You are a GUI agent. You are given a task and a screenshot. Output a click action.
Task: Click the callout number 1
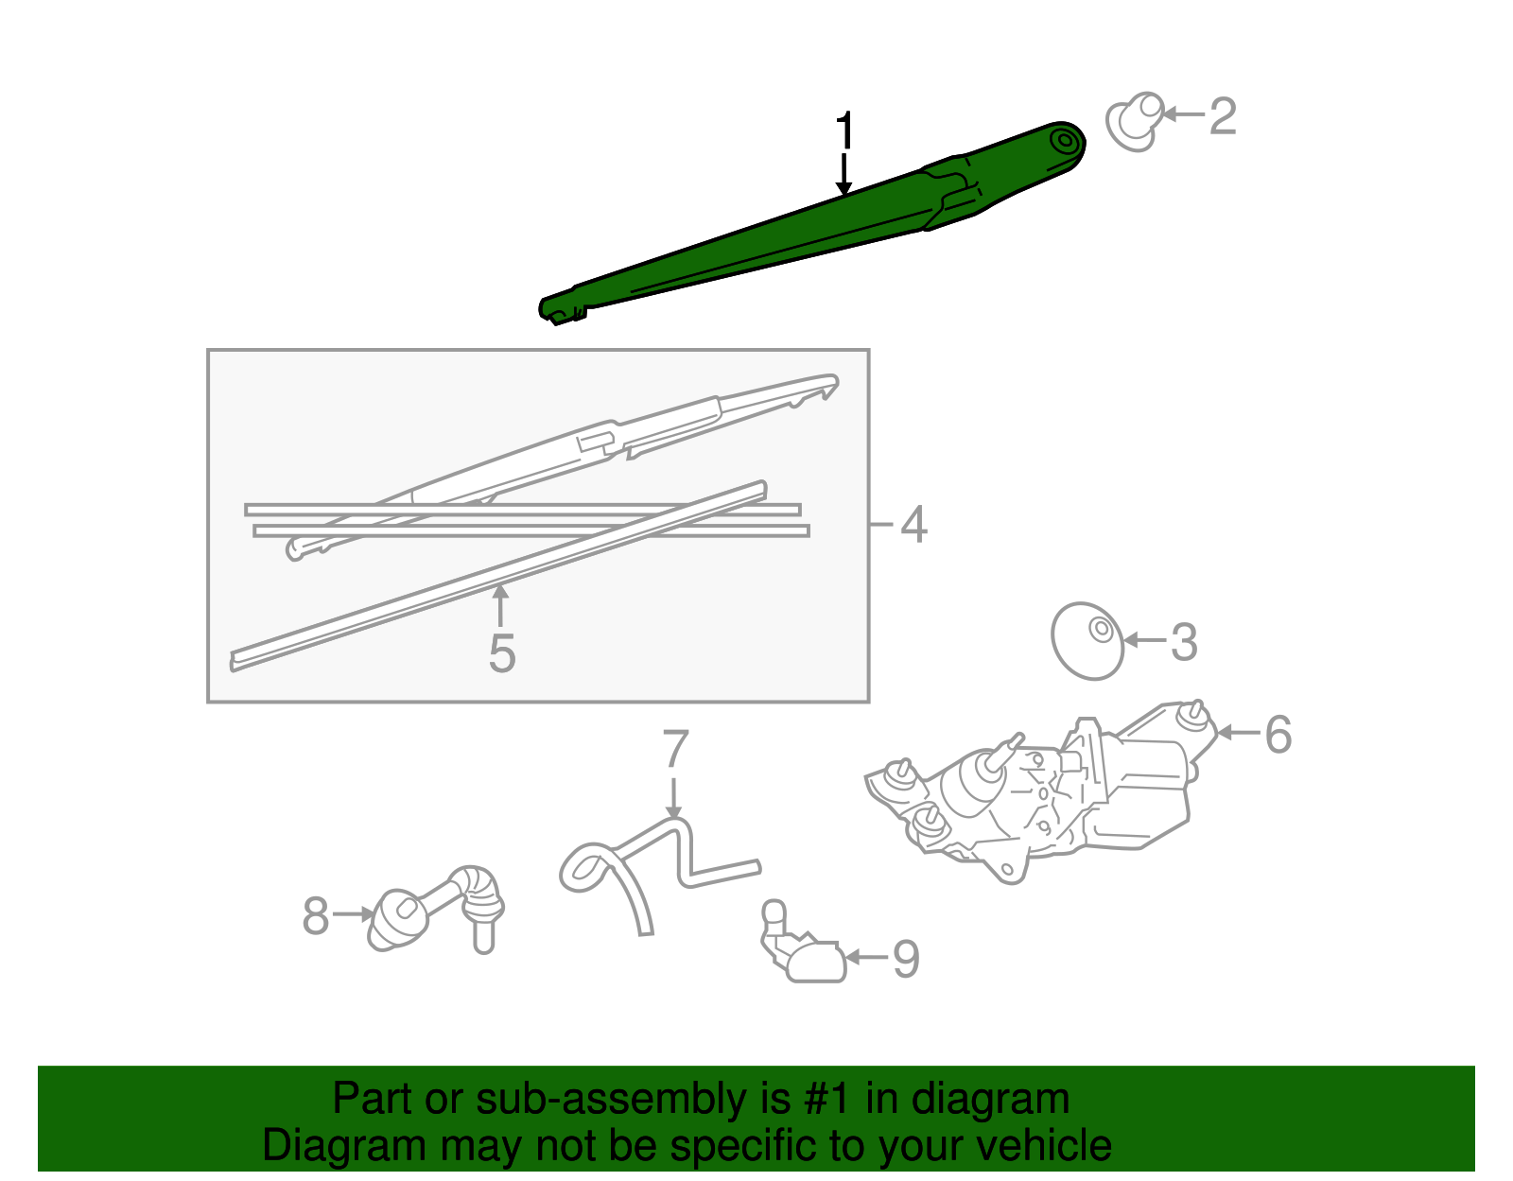tap(844, 132)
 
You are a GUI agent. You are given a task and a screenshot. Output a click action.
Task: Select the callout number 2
tap(1222, 116)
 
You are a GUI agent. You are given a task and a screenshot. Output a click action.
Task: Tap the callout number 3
tap(1184, 642)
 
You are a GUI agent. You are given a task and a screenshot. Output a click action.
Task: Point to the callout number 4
tap(913, 525)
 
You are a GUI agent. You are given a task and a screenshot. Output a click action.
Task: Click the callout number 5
tap(501, 653)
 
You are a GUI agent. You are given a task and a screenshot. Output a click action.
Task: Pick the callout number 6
tap(1278, 735)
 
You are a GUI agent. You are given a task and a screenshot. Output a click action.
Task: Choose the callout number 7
tap(675, 749)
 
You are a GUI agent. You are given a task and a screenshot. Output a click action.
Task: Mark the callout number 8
tap(316, 915)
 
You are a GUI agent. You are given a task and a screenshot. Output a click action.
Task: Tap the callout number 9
tap(905, 959)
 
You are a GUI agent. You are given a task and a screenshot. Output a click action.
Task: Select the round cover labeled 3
tap(1087, 641)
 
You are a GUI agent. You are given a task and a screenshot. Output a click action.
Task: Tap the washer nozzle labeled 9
tap(804, 950)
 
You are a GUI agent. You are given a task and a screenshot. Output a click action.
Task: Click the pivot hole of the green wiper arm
tap(1066, 143)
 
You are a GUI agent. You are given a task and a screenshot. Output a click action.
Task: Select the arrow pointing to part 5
tap(500, 605)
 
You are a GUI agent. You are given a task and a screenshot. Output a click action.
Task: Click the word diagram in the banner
tap(1012, 1100)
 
